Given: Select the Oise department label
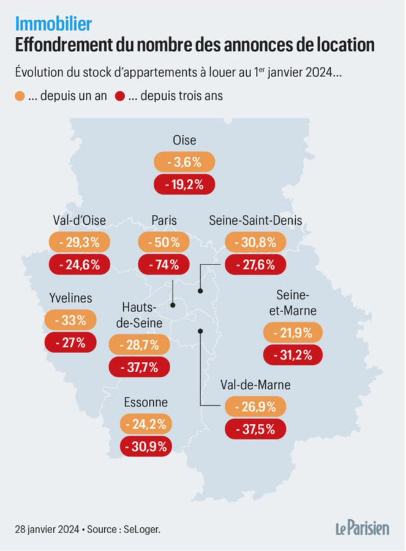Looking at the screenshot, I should tap(184, 140).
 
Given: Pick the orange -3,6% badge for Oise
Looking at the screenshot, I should tap(184, 162).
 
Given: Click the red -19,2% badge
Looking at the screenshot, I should tap(184, 184).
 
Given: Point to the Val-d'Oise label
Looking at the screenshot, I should tap(80, 220).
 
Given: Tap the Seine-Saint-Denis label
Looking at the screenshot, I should tap(255, 220).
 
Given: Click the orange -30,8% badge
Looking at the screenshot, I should tap(255, 242).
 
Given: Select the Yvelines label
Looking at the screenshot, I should tap(70, 298).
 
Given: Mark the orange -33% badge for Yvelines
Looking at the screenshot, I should tap(70, 320).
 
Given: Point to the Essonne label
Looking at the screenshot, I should tap(145, 402).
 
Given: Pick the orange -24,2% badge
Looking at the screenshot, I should tap(145, 424).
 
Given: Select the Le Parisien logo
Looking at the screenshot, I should tap(361, 528).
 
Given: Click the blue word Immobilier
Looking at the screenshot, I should tap(53, 23).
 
